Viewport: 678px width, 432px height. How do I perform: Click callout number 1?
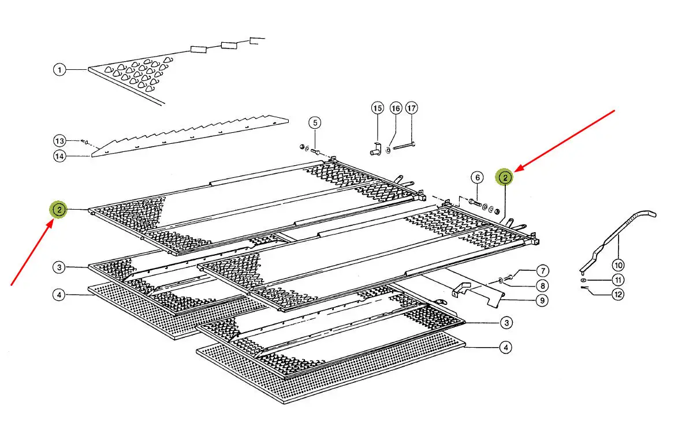59,70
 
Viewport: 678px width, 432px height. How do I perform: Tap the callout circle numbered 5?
314,122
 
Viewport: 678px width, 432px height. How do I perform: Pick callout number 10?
619,266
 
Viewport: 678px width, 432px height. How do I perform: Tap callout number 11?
619,280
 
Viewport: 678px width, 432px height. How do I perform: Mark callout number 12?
619,295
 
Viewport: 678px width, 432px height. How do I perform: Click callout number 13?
60,141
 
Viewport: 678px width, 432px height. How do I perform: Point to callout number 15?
377,108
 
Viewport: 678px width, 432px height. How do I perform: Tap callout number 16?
396,108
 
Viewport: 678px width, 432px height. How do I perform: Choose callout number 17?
411,108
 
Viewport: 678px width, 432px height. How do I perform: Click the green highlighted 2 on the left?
59,210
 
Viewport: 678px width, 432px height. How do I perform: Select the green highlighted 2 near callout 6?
505,177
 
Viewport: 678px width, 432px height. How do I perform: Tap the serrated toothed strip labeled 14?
191,135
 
